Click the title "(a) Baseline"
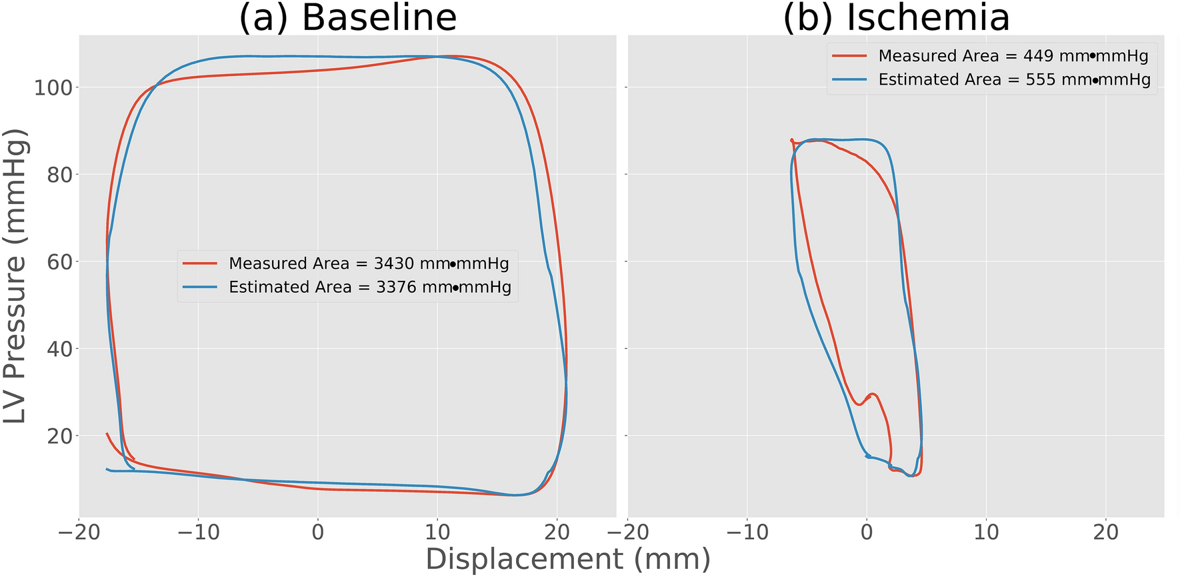347,17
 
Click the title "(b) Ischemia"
896,17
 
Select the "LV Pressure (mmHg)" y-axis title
16,275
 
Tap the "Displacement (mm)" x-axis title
567,559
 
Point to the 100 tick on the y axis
52,87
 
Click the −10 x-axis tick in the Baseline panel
198,532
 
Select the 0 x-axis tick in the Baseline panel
318,532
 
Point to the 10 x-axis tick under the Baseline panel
437,532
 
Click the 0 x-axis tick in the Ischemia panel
867,532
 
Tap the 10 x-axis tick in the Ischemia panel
986,532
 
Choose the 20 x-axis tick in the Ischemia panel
1106,532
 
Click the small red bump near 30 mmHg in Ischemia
872,395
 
